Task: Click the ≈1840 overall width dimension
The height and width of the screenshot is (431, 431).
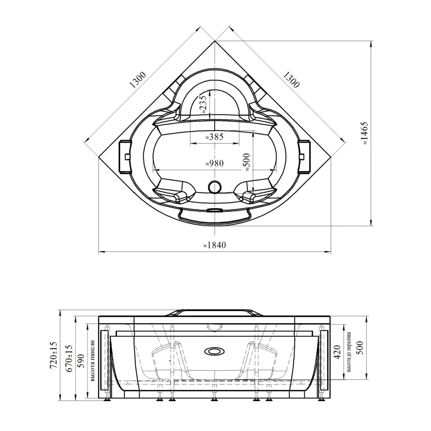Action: coord(215,245)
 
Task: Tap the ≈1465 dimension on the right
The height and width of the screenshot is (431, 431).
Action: coord(365,134)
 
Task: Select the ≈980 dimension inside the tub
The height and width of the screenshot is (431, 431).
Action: coord(215,163)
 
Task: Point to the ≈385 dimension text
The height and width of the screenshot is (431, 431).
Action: coord(215,137)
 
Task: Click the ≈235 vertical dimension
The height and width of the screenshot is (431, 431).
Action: coord(203,104)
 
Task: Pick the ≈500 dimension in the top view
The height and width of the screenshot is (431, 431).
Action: coord(247,163)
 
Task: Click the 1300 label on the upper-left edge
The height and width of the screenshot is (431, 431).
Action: coord(138,80)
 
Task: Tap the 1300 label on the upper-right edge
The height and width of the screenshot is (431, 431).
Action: coord(290,80)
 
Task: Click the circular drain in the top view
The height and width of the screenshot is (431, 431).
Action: coord(215,187)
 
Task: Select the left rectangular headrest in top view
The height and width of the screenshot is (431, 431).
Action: coord(125,157)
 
